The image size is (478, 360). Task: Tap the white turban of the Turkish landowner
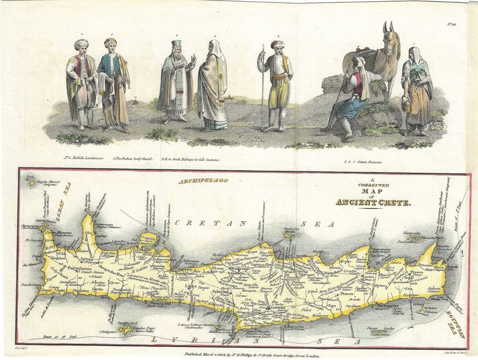click(81, 44)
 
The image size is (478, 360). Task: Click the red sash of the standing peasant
click(278, 77)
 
